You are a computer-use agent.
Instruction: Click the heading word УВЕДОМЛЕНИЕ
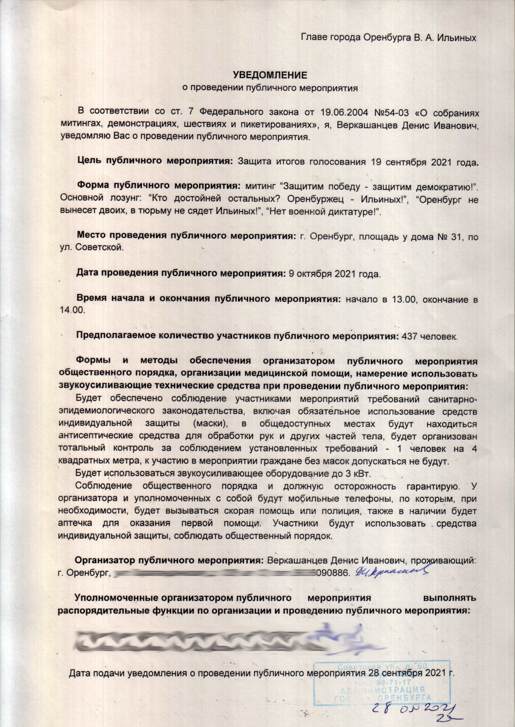(x=269, y=75)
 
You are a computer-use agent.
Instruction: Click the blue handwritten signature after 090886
(x=391, y=572)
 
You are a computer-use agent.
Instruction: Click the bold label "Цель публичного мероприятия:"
(x=155, y=161)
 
